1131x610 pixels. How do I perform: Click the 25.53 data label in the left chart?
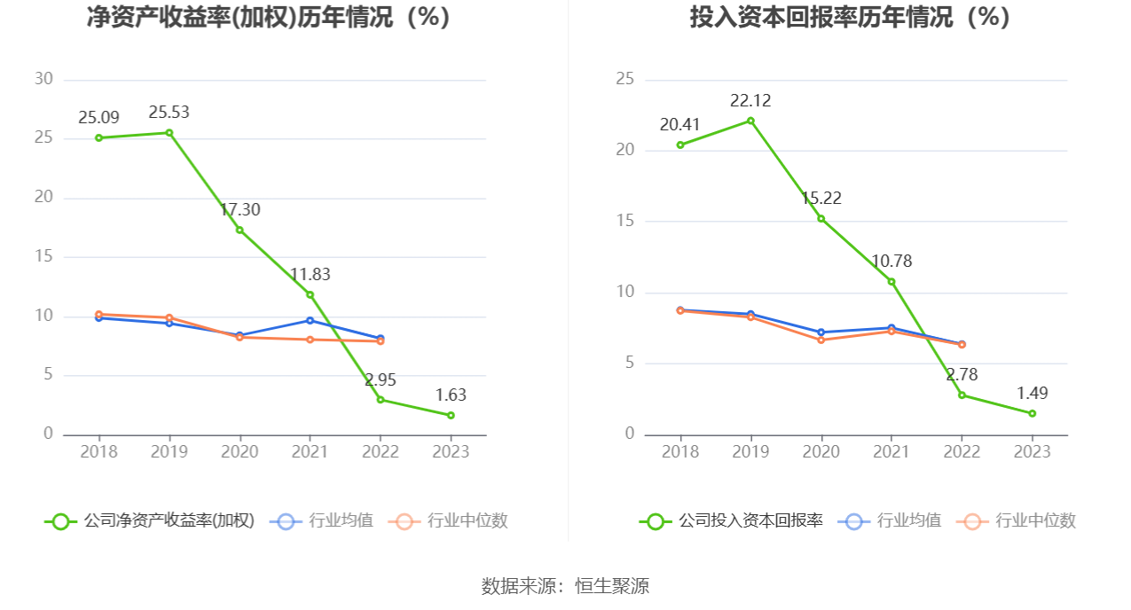(x=169, y=112)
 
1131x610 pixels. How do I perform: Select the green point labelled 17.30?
(x=240, y=230)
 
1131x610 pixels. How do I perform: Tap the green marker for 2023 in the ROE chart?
(x=451, y=415)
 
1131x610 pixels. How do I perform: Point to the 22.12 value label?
(x=750, y=101)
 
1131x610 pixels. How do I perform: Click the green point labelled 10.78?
(x=891, y=282)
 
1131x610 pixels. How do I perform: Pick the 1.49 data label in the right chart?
(x=1032, y=393)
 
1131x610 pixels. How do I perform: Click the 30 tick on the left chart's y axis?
(x=43, y=79)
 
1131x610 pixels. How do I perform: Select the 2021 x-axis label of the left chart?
(x=310, y=451)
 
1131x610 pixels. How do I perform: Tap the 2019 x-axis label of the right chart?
(x=750, y=451)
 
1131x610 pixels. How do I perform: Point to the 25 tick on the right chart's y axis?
(x=624, y=79)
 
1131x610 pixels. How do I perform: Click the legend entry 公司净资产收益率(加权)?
(x=150, y=520)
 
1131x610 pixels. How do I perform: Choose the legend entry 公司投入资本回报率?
(x=731, y=520)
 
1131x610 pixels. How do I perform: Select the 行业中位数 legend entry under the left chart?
(x=448, y=520)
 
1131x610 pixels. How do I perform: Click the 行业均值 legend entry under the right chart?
(x=889, y=520)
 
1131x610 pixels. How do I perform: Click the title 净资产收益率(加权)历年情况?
(x=240, y=17)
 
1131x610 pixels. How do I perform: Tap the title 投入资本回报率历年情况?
(x=821, y=17)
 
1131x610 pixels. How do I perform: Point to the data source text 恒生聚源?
(x=612, y=586)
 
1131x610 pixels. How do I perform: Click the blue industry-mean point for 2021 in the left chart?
(x=310, y=320)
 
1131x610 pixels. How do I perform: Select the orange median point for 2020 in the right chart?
(x=821, y=340)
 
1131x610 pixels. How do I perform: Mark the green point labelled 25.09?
(x=99, y=137)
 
